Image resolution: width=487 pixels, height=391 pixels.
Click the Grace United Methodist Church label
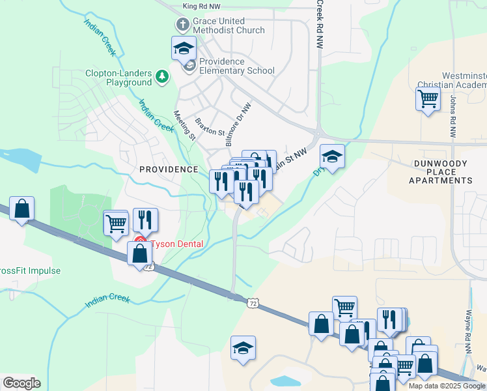point(228,25)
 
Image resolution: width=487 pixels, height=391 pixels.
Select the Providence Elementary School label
point(237,66)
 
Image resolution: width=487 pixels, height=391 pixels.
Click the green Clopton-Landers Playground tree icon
point(161,78)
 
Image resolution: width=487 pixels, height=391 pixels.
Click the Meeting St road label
point(184,125)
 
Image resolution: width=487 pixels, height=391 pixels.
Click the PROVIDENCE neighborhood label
point(169,169)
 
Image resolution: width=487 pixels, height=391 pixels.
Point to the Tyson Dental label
point(177,244)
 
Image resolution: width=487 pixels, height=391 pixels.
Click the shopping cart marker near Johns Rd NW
point(428,99)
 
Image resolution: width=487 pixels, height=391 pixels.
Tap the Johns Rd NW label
point(453,116)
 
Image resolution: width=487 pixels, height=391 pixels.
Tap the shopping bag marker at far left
point(21,209)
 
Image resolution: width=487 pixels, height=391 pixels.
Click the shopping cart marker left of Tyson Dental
point(117,222)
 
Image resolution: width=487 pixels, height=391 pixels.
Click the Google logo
point(21,383)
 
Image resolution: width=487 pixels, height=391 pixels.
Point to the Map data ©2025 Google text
point(447,386)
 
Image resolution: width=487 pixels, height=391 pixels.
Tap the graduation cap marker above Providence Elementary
point(184,48)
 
